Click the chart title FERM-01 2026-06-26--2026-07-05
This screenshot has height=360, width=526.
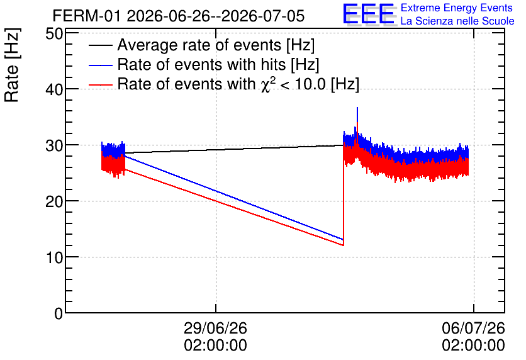(x=179, y=16)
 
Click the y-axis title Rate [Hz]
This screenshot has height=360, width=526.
(x=12, y=65)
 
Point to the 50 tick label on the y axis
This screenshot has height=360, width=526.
(x=54, y=34)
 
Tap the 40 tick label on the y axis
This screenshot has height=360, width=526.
(x=54, y=89)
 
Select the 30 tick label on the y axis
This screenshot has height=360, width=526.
(x=54, y=145)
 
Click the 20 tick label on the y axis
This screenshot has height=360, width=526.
(x=54, y=201)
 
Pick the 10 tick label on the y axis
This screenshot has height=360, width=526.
(x=54, y=257)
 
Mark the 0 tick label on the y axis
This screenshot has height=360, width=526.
(x=59, y=313)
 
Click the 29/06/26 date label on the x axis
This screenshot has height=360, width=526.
(x=215, y=328)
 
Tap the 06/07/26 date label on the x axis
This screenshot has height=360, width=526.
(x=473, y=328)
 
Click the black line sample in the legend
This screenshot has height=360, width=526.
(x=100, y=45)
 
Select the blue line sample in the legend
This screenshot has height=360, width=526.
(x=100, y=65)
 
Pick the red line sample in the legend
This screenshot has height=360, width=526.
(x=100, y=84)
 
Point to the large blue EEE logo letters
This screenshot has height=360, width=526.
(x=369, y=14)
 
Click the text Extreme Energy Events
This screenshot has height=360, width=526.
(x=457, y=8)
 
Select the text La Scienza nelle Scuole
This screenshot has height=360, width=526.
(x=457, y=21)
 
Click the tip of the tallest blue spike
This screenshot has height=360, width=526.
(x=357, y=108)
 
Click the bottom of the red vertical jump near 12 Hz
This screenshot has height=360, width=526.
(x=343, y=245)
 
